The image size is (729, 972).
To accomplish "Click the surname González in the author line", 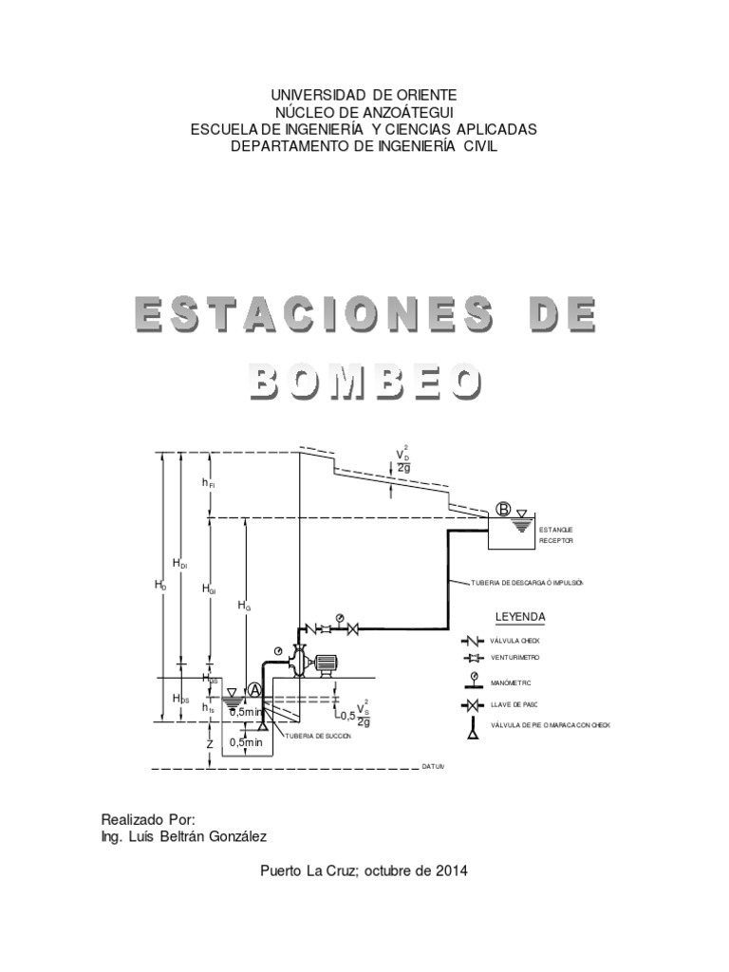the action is point(231,836).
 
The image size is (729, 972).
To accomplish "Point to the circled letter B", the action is point(503,510).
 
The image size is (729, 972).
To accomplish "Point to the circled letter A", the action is point(254,690).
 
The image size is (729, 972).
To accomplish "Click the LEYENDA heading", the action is point(520,617).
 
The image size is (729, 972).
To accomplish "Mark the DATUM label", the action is point(434,765).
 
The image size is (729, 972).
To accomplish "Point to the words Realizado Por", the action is point(147,818).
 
